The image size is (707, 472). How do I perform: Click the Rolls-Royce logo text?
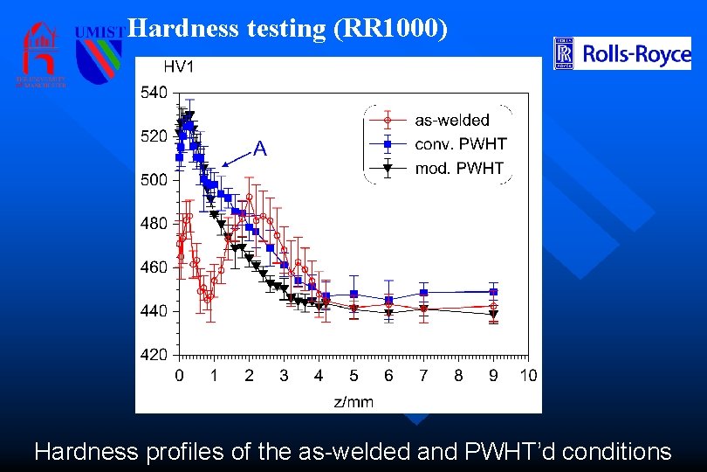click(636, 55)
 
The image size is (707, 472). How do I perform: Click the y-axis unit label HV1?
click(180, 66)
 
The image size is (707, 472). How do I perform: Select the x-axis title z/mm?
click(353, 401)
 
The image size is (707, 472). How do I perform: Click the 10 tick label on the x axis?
click(527, 376)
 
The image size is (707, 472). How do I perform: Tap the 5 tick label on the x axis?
click(353, 376)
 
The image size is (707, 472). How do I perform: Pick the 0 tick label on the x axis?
click(179, 376)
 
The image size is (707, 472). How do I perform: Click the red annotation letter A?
click(259, 149)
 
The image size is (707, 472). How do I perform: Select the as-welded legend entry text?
click(452, 120)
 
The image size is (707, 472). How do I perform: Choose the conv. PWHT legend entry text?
click(460, 144)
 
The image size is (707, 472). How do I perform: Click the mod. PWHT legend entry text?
click(459, 168)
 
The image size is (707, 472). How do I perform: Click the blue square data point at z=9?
click(493, 291)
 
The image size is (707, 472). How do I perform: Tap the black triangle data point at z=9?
click(493, 314)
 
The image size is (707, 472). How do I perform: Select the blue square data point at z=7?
click(423, 292)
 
